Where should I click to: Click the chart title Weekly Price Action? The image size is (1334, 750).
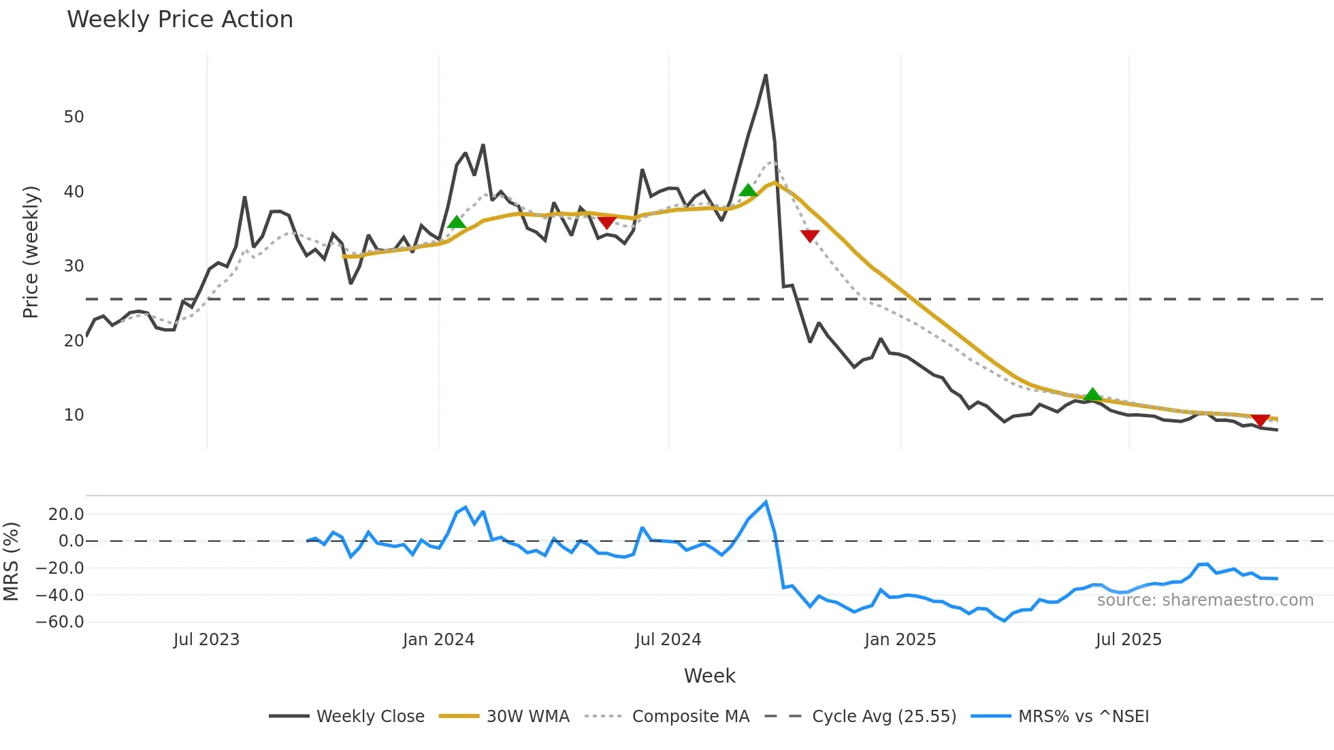[180, 20]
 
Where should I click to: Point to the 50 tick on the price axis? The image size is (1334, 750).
[74, 117]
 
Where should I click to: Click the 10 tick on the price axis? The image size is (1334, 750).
[74, 415]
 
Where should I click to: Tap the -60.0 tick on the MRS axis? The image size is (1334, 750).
[60, 622]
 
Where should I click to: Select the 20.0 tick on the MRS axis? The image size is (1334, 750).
[65, 515]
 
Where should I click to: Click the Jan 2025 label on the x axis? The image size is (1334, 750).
[900, 640]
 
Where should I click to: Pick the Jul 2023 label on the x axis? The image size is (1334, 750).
[206, 640]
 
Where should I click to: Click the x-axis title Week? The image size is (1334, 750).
[709, 676]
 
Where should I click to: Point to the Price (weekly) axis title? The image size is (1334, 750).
[31, 252]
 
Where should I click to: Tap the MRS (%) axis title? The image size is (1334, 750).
[11, 561]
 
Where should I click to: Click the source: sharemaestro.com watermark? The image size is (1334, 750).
[1205, 600]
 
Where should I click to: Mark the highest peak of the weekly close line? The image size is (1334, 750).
[766, 76]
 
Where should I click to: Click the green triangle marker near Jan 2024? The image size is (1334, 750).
[457, 222]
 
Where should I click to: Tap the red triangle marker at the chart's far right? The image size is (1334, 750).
[1260, 421]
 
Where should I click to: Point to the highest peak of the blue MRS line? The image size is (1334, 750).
[766, 502]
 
